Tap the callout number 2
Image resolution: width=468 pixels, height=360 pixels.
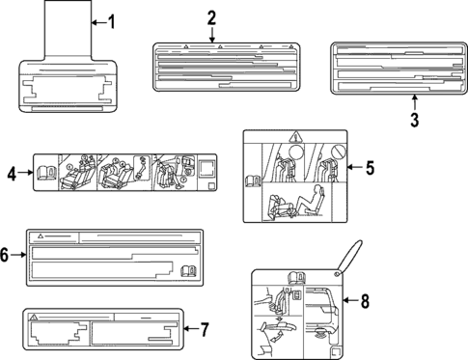pos(211,16)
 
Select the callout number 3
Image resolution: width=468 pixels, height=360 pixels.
pos(413,120)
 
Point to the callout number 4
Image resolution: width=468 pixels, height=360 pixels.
pos(12,174)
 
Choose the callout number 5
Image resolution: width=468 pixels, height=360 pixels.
pos(369,167)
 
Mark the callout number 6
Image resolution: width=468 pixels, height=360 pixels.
pos(6,255)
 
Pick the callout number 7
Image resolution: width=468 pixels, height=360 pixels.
pos(204,329)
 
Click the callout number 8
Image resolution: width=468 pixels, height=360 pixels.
pos(365,300)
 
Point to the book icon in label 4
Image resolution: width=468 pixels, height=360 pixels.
pos(44,174)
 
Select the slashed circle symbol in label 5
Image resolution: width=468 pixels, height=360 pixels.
pos(340,152)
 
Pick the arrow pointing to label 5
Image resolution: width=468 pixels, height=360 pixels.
pos(353,167)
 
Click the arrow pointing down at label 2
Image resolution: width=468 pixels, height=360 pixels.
pos(211,35)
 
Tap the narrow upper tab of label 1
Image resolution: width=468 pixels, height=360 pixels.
pos(68,29)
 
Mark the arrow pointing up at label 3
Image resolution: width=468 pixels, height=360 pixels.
pos(413,102)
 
